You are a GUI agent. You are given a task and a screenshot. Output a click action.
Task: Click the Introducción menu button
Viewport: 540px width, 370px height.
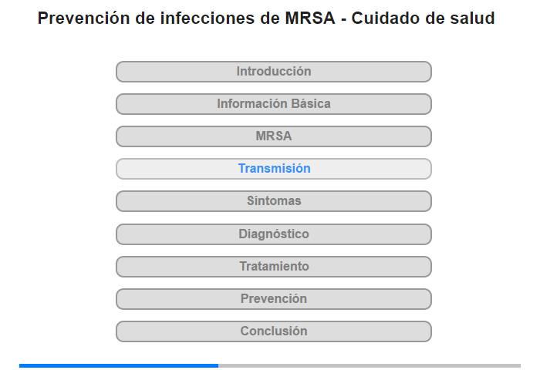click(274, 72)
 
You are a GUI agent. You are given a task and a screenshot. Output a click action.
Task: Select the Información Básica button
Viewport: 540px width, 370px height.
click(274, 104)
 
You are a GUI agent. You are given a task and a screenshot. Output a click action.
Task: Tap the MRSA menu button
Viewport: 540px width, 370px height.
click(274, 136)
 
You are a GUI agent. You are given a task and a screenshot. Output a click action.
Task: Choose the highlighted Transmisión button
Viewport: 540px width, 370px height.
click(274, 169)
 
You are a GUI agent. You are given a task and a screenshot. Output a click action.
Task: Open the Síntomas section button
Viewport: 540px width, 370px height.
click(274, 201)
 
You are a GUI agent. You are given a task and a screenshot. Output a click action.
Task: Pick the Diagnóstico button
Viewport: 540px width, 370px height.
click(274, 234)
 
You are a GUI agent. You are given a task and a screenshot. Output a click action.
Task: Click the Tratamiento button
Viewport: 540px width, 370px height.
click(274, 267)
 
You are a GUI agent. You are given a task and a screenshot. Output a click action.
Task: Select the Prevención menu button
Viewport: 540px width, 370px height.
click(274, 299)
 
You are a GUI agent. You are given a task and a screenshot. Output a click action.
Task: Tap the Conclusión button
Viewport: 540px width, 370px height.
click(274, 331)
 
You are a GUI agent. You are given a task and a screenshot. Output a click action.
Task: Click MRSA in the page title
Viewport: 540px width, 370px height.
click(310, 18)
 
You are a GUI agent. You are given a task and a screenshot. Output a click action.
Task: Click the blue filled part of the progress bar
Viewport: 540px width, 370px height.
click(119, 365)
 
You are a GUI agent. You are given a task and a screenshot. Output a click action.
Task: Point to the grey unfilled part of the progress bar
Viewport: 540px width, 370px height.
click(370, 365)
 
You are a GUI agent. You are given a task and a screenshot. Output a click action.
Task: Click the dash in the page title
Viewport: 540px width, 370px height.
click(343, 19)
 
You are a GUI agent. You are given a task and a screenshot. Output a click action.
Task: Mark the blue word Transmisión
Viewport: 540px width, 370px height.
click(275, 168)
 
